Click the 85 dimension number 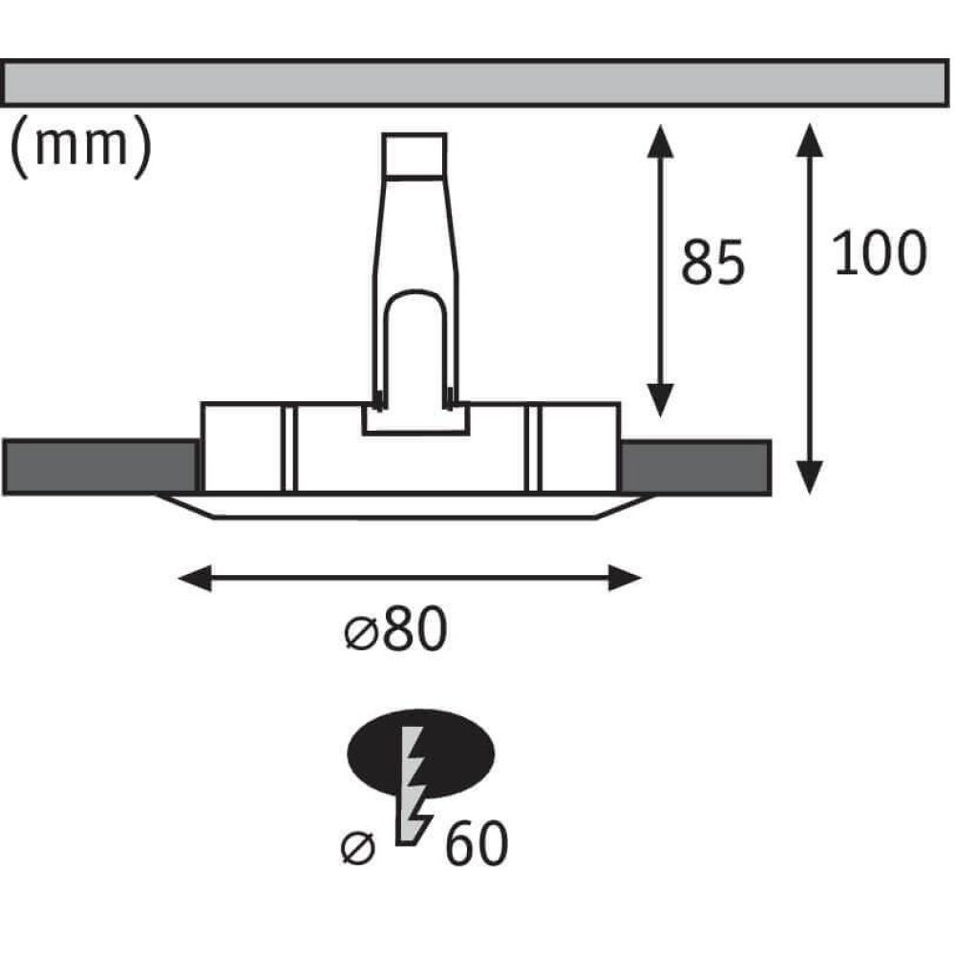click(x=712, y=263)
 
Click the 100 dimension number click(x=879, y=253)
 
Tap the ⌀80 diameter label click(x=396, y=629)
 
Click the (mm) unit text click(x=80, y=147)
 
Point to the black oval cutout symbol click(x=420, y=753)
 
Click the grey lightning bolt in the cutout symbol click(x=414, y=786)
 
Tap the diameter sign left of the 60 click(x=358, y=847)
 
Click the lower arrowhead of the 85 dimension click(x=660, y=401)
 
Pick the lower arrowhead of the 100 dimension click(x=810, y=477)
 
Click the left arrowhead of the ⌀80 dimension click(x=194, y=578)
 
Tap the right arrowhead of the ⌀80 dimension click(x=625, y=578)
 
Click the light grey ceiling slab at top click(x=475, y=83)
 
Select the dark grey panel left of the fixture click(x=100, y=467)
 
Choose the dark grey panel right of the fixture click(x=695, y=467)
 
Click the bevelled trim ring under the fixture click(x=406, y=506)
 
